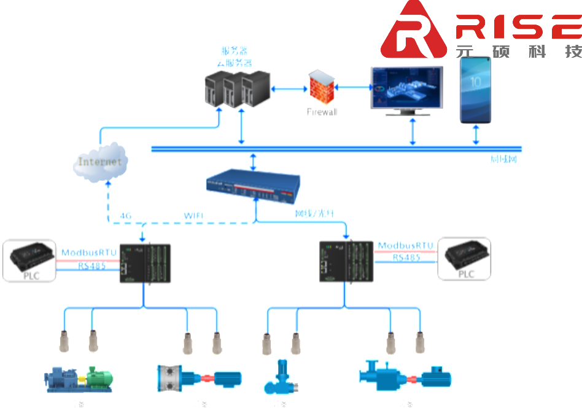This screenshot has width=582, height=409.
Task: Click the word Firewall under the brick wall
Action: (x=322, y=112)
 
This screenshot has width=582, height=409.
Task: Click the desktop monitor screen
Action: (x=407, y=88)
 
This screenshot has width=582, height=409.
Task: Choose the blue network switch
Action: (x=253, y=184)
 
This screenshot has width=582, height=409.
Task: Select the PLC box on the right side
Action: (x=466, y=261)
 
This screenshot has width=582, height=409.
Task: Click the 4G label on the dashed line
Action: (x=126, y=216)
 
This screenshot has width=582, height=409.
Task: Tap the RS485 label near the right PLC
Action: (x=406, y=258)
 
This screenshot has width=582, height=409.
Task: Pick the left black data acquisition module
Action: (x=145, y=263)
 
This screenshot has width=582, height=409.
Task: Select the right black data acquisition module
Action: (x=346, y=261)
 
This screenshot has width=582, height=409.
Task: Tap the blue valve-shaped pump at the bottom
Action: (x=281, y=379)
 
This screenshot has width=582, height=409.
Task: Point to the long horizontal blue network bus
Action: (x=336, y=149)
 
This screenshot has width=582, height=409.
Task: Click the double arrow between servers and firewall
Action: (x=289, y=89)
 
